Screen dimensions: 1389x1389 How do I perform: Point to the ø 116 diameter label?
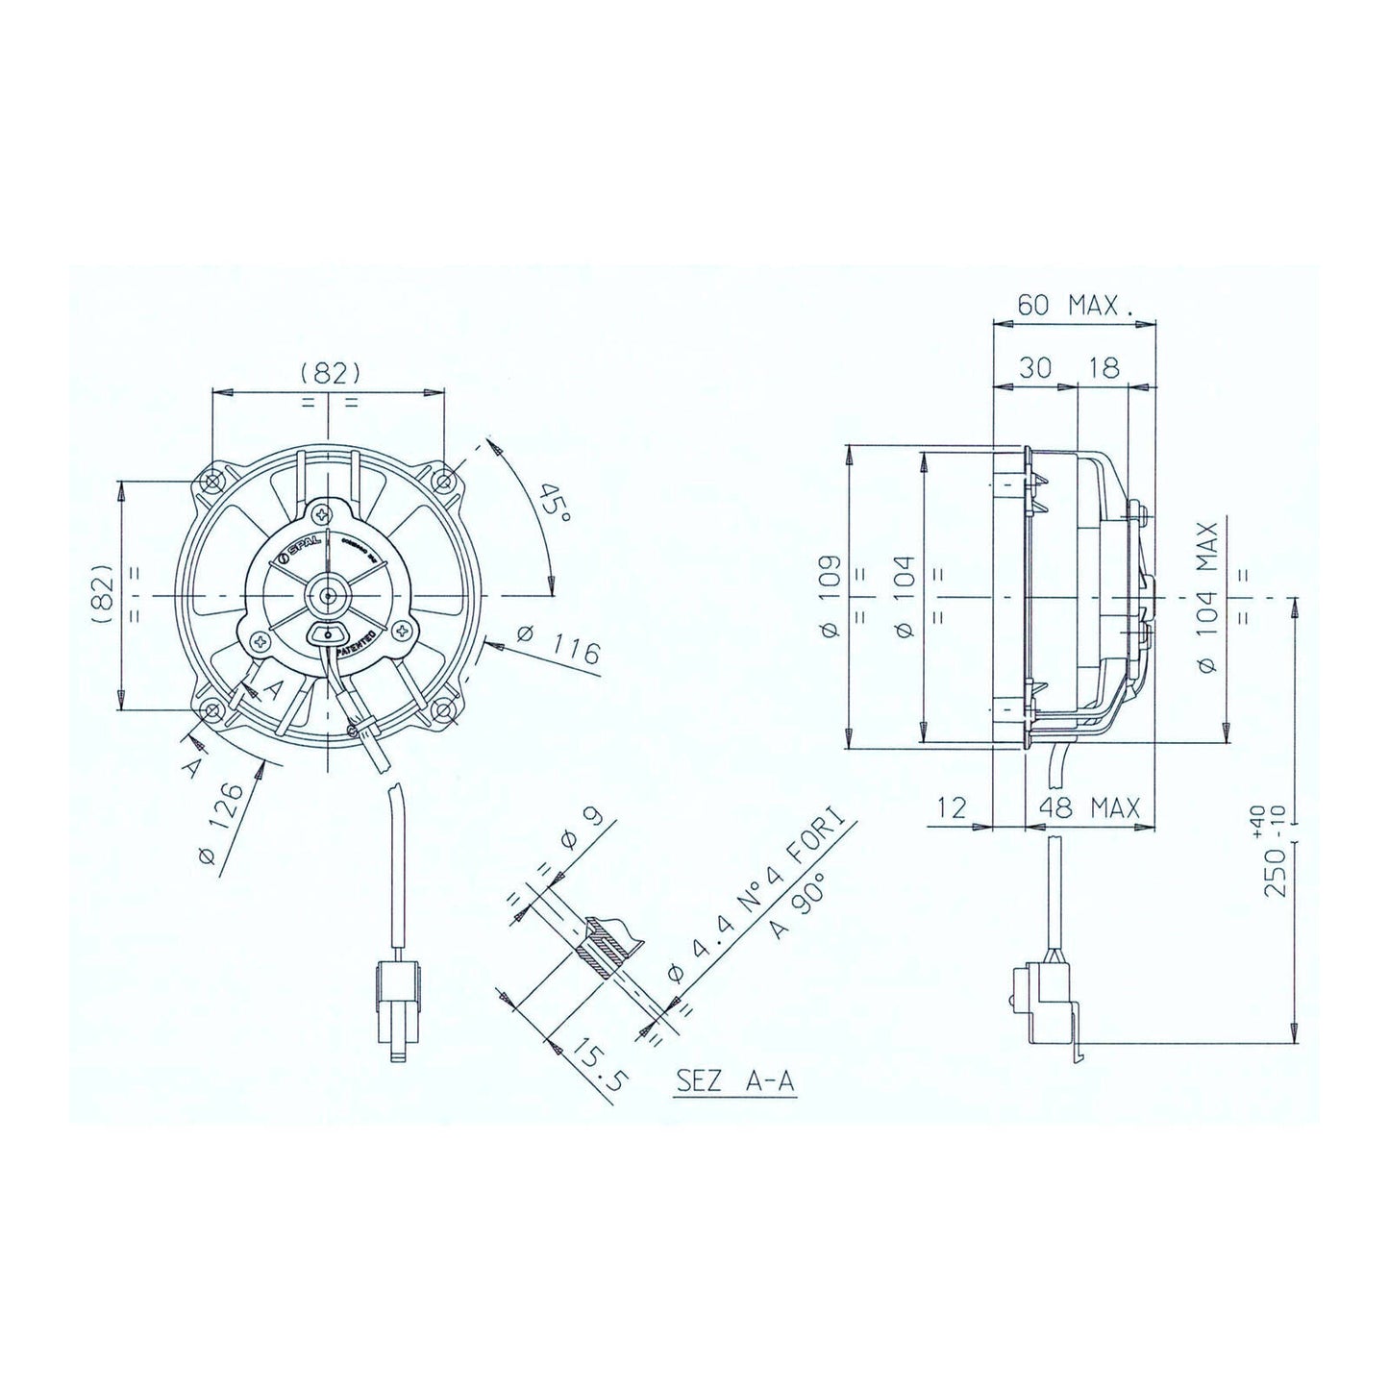[559, 647]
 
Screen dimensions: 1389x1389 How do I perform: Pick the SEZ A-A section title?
[735, 1080]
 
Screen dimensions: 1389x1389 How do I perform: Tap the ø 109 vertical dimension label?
[831, 596]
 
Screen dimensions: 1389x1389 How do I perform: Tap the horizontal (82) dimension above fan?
[329, 372]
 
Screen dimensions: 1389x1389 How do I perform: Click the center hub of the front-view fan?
[329, 596]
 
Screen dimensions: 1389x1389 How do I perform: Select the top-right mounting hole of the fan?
[443, 481]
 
